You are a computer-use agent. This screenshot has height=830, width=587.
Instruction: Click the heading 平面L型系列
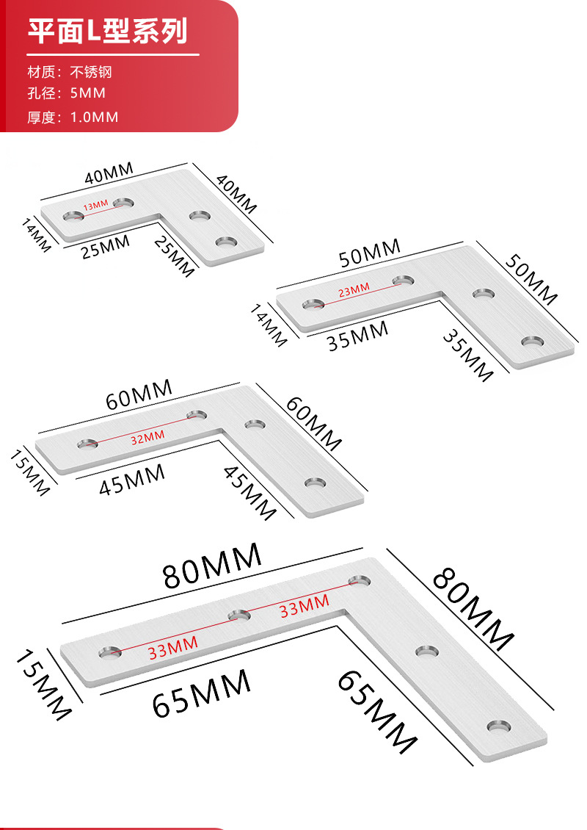coord(108,32)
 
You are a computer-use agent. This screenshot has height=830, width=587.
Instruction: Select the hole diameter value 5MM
coord(87,93)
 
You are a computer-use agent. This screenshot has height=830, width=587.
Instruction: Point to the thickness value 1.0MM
coord(94,117)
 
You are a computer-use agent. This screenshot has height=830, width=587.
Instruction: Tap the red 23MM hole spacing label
coord(354,291)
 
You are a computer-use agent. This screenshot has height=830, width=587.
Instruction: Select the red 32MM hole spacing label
coord(147,439)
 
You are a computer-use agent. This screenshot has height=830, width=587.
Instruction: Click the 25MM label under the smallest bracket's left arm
coord(105,247)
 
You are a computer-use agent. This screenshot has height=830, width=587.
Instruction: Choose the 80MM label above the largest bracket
coord(212,566)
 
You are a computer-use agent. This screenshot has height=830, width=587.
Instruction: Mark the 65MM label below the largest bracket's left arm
coord(201,693)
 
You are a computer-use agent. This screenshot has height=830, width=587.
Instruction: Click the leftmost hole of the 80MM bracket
coord(111,651)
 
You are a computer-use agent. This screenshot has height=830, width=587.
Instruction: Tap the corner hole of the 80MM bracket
coord(359,580)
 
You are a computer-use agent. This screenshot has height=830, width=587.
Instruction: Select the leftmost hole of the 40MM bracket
coord(73,216)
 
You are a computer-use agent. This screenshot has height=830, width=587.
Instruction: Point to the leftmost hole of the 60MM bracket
coord(87,444)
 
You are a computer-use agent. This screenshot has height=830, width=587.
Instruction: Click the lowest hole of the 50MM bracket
coord(533,342)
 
